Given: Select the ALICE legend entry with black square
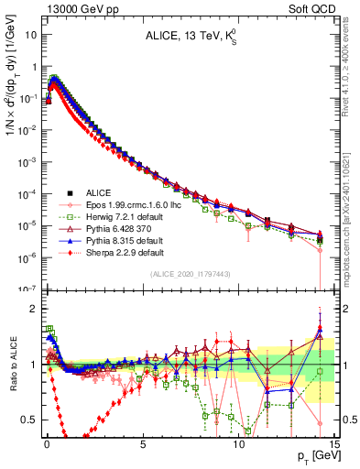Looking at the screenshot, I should click(101, 193).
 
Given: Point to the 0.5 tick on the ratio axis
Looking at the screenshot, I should click(31, 420).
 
